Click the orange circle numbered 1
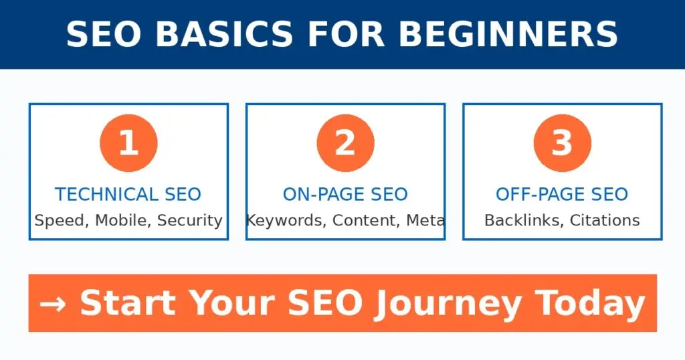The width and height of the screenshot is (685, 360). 128,143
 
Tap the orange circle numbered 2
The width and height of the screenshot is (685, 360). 345,143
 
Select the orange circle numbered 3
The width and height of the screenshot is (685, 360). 562,143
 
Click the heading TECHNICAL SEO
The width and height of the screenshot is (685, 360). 128,195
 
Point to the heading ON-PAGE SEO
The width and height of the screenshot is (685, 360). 345,195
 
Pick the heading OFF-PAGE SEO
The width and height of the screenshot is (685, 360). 562,195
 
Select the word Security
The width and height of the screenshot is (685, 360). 189,220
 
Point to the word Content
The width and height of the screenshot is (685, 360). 365,220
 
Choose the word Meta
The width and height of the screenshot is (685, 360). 425,220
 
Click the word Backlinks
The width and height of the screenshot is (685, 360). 524,220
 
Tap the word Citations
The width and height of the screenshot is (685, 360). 605,220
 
